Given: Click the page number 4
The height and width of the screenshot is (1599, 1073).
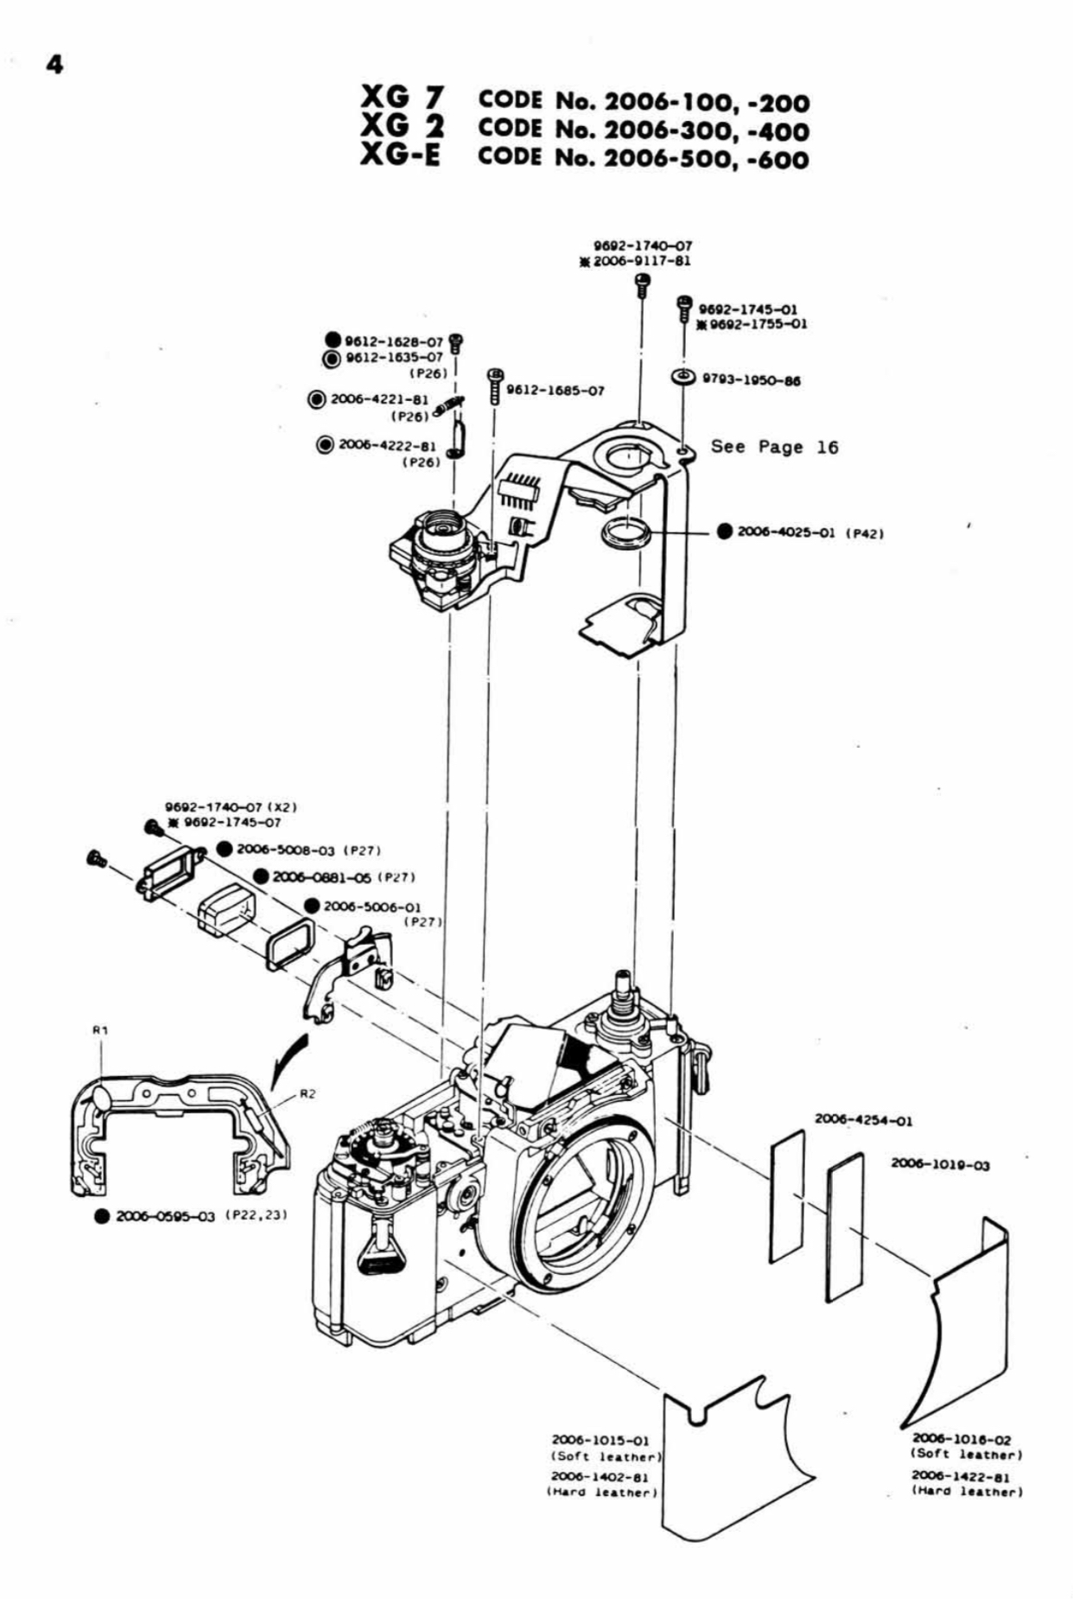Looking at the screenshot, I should click(54, 66).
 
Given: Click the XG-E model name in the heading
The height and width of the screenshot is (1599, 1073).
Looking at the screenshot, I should click(402, 157).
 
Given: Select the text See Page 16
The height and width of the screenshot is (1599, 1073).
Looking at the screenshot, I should click(774, 447).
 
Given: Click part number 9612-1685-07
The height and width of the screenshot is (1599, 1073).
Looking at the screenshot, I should click(555, 391).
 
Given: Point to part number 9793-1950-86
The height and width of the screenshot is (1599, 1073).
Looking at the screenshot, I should click(750, 380).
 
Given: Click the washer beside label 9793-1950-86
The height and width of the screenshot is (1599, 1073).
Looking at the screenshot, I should click(683, 377).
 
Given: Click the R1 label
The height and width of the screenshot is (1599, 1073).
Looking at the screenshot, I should click(99, 1029).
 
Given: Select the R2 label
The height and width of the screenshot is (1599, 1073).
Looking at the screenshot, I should click(307, 1093).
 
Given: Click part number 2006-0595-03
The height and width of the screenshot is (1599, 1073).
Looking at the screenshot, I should click(165, 1216).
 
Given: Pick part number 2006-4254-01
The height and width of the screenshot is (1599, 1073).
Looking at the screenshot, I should click(863, 1120).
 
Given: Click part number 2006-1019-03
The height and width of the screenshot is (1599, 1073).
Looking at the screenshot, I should click(940, 1165).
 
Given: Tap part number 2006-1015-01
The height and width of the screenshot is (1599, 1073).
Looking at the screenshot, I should click(600, 1441).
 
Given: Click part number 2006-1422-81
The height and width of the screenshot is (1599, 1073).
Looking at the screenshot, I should click(961, 1477).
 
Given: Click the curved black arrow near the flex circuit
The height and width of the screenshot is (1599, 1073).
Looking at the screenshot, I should click(289, 1061).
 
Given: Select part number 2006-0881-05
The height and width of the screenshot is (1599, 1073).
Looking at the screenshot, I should click(322, 877).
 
